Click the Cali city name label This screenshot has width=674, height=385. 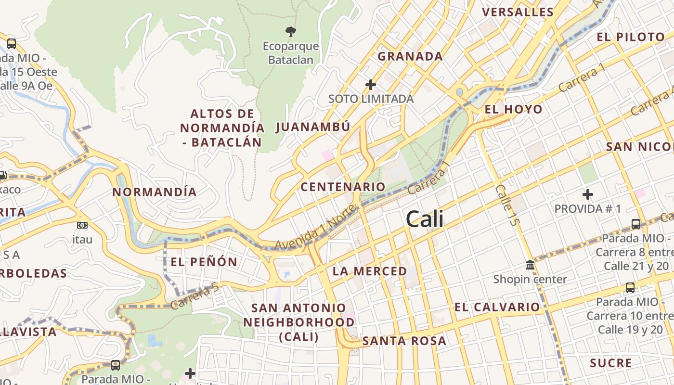point(425,219)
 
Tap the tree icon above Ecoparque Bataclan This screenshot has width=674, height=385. point(290,32)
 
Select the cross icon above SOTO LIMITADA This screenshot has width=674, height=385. point(370,85)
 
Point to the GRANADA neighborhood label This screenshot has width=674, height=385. point(410,56)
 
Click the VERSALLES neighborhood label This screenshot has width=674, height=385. point(518,12)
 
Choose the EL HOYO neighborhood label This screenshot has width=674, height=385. point(513,109)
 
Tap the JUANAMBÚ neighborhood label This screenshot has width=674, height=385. point(313,127)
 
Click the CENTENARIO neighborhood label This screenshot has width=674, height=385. point(343,187)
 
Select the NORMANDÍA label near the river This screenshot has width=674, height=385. point(155,192)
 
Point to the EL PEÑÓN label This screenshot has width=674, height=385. point(204,262)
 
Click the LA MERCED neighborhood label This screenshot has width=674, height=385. point(370,271)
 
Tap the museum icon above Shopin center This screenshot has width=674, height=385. point(530,265)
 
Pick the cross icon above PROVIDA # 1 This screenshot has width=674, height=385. point(587,194)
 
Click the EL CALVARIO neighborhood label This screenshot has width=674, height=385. point(497,307)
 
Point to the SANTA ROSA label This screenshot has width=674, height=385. point(404,341)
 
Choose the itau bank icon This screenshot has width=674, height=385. point(82,225)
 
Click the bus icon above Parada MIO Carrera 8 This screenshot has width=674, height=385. point(635,224)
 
